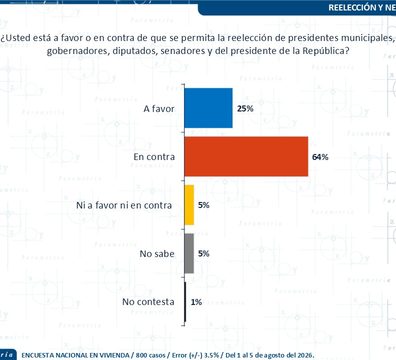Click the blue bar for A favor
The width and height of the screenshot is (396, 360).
tap(209, 108)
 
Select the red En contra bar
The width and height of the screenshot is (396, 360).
tap(246, 156)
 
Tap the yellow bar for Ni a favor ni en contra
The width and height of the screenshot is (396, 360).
tap(189, 205)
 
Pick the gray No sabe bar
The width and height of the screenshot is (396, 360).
tap(189, 253)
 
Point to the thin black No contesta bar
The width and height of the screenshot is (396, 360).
tap(185, 302)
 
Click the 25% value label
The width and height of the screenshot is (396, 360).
tap(245, 108)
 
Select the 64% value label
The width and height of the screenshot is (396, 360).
tap(320, 157)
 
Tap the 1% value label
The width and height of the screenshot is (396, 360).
tap(196, 302)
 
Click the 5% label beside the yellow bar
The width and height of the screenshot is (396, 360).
tap(204, 205)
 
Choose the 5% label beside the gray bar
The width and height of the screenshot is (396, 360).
tap(204, 254)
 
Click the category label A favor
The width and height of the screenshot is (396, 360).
tap(159, 109)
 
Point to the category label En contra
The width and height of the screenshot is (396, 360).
tap(154, 157)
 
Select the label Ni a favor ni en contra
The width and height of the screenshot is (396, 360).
tap(124, 205)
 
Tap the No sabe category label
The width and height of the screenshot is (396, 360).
tap(157, 254)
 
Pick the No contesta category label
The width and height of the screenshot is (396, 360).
tap(148, 302)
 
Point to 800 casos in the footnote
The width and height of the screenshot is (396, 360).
tap(150, 355)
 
